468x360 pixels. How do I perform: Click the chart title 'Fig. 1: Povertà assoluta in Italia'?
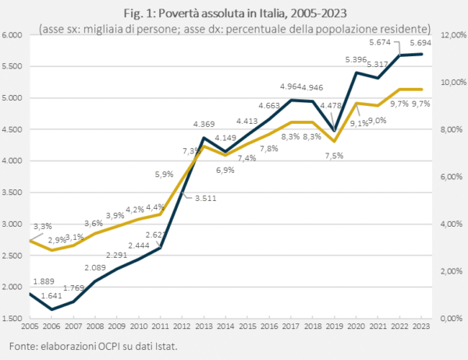[x=233, y=13]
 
